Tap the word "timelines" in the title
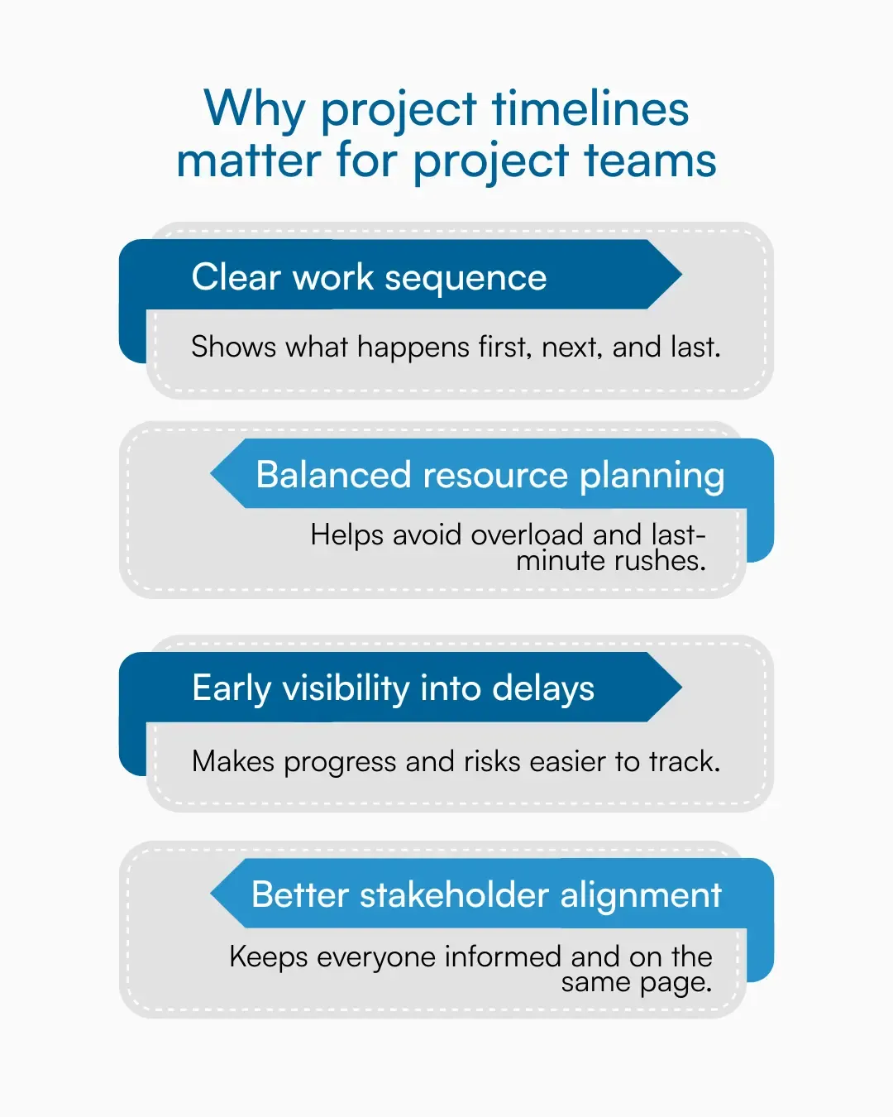tap(590, 109)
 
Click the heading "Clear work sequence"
tap(369, 277)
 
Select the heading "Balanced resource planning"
tap(490, 475)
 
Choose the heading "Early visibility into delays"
tap(393, 688)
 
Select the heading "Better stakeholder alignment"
tap(486, 895)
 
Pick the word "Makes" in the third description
tap(232, 761)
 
